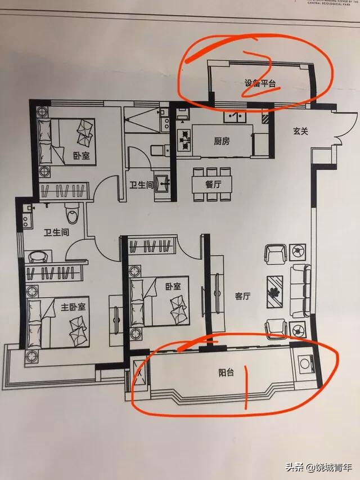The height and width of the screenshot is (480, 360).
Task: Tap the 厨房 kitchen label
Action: tap(222, 141)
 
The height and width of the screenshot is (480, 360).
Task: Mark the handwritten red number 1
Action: tap(246, 388)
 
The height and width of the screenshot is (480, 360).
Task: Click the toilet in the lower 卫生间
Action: tap(71, 213)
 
